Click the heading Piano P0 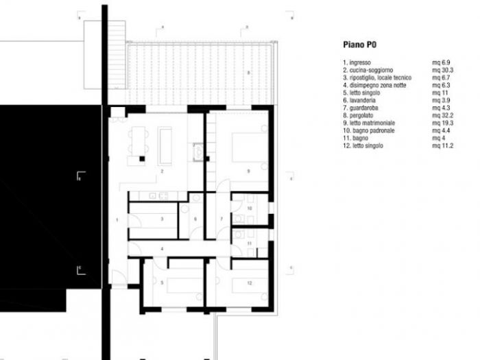coord(359,45)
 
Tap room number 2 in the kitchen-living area coord(161,170)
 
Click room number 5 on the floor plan coord(162,282)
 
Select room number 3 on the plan coord(161,219)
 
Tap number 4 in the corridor coord(162,248)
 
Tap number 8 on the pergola coord(248,72)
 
